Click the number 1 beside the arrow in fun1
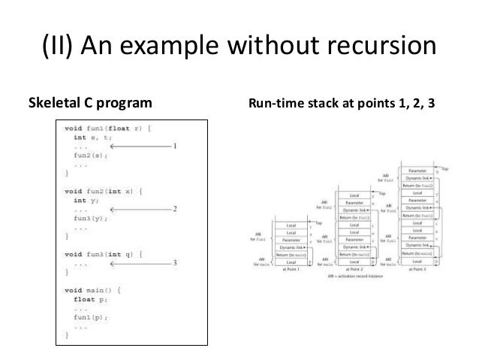tap(175, 147)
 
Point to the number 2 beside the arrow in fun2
tap(175, 209)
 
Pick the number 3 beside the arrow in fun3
tap(175, 263)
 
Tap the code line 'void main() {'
tap(94, 288)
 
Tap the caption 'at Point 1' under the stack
tap(291, 268)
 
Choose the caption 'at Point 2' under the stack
tap(355, 268)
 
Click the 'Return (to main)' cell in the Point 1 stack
tap(291, 254)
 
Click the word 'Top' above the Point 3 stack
tap(444, 169)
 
